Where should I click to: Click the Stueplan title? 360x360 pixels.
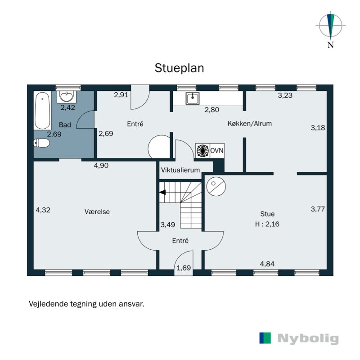pyautogui.click(x=180, y=68)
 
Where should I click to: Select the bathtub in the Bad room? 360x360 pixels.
pyautogui.click(x=43, y=110)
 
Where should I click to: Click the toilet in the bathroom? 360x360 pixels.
pyautogui.click(x=42, y=143)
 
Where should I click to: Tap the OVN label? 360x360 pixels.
pyautogui.click(x=217, y=151)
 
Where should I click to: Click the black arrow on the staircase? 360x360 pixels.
pyautogui.click(x=162, y=193)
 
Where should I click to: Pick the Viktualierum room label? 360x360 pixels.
pyautogui.click(x=180, y=170)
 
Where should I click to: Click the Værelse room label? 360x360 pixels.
pyautogui.click(x=97, y=211)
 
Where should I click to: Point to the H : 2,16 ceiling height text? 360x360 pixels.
pyautogui.click(x=267, y=224)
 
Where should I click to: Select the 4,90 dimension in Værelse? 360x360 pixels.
pyautogui.click(x=101, y=166)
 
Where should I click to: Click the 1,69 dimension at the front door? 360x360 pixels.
pyautogui.click(x=183, y=269)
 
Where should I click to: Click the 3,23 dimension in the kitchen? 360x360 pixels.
pyautogui.click(x=285, y=95)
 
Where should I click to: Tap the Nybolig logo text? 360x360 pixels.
pyautogui.click(x=308, y=339)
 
